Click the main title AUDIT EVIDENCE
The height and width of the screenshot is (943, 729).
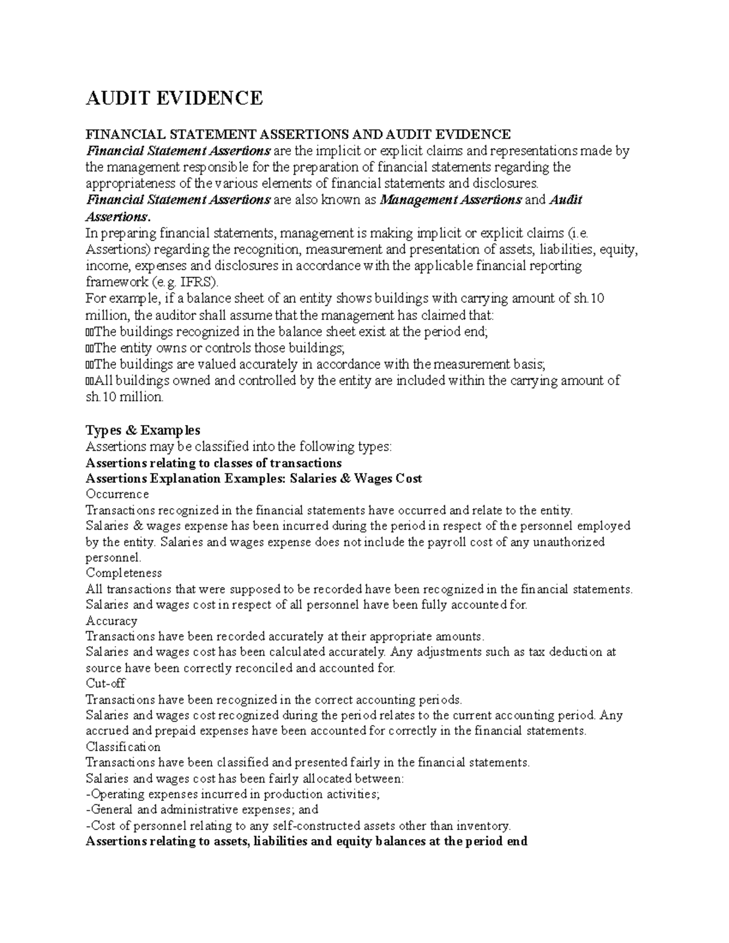pos(174,98)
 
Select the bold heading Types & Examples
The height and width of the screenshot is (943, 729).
pos(143,431)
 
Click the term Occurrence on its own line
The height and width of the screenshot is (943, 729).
pos(117,494)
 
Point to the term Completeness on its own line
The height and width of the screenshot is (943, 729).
pos(124,573)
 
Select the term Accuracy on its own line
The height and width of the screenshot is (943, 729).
pos(112,621)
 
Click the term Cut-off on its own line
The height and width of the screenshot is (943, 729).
pos(106,683)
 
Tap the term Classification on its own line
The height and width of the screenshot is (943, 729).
pos(123,747)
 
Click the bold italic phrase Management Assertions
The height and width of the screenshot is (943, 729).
pos(450,200)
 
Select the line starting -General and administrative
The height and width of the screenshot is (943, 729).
pos(202,810)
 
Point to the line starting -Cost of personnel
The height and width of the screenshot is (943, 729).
pos(298,826)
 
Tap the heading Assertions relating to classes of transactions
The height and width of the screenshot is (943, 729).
pos(214,463)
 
